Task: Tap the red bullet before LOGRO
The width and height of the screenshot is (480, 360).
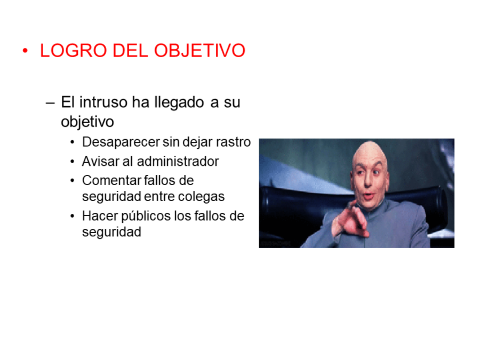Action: pyautogui.click(x=25, y=51)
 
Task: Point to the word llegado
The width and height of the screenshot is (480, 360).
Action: pyautogui.click(x=179, y=102)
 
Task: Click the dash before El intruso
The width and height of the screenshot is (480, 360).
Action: pyautogui.click(x=51, y=102)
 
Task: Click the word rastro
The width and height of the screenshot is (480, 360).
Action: pyautogui.click(x=233, y=142)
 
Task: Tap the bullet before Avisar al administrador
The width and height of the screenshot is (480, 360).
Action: pyautogui.click(x=73, y=162)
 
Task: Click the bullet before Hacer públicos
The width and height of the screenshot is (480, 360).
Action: pyautogui.click(x=73, y=217)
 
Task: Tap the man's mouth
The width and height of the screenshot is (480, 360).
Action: pyautogui.click(x=368, y=196)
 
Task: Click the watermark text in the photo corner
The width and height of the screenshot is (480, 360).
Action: pyautogui.click(x=275, y=244)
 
